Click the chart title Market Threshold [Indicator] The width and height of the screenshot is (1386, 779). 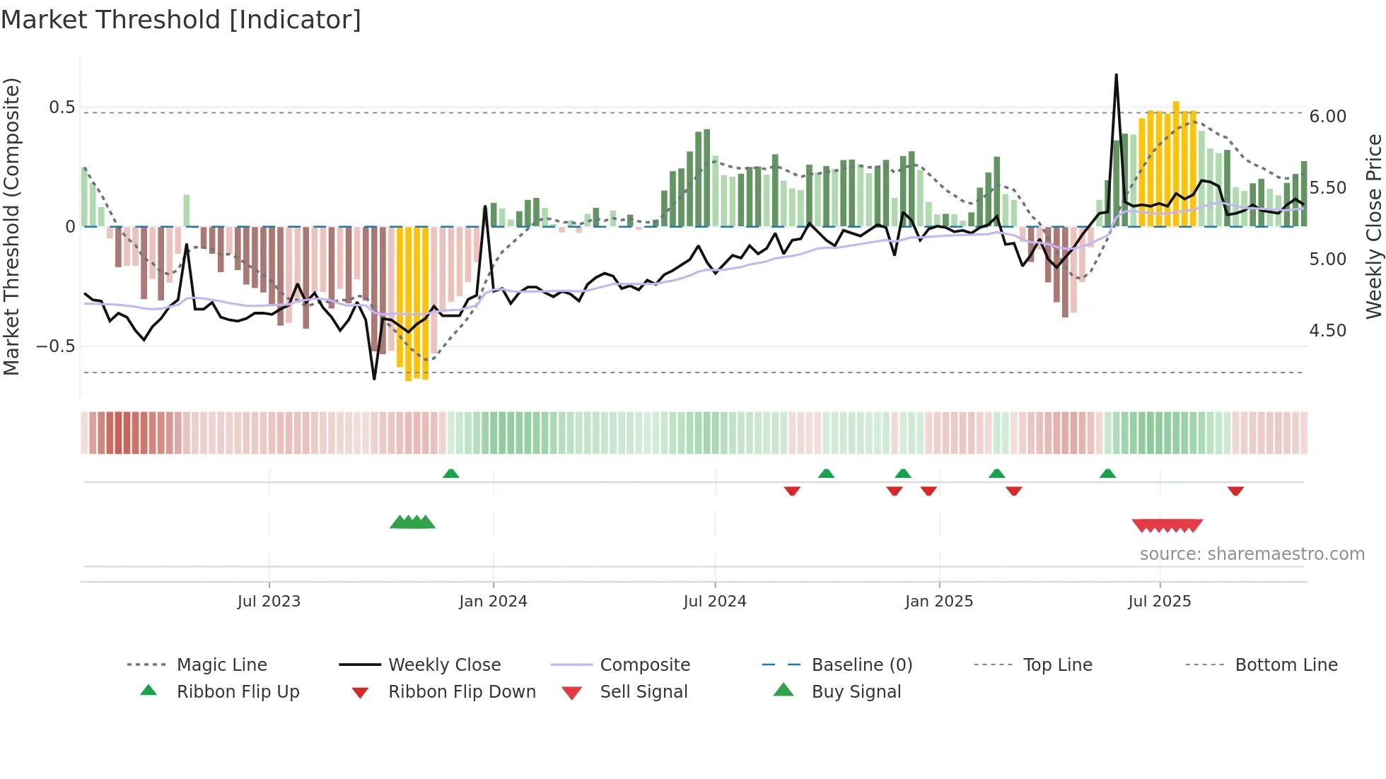[181, 20]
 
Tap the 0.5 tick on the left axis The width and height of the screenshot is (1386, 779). [62, 107]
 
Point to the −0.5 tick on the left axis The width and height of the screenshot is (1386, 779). [56, 346]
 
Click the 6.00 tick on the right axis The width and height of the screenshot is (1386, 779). [1327, 117]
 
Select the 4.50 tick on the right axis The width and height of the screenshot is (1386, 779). [1327, 331]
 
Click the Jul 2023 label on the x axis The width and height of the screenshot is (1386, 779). [269, 602]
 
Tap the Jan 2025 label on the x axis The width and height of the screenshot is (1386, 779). [938, 602]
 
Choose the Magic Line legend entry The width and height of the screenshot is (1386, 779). [221, 665]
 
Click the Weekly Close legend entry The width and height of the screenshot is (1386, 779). [444, 665]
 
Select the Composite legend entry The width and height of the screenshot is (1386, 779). [644, 665]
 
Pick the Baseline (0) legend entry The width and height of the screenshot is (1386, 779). [861, 665]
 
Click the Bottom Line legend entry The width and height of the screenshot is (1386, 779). [1286, 665]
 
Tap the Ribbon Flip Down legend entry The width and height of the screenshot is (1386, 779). [462, 692]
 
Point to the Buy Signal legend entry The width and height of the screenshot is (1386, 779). [856, 692]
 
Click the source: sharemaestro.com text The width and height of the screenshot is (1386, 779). [1252, 554]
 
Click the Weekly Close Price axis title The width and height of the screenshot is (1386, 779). [1373, 226]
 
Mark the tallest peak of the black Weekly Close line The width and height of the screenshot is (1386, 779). [1116, 75]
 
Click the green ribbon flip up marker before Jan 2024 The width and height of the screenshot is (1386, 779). [450, 474]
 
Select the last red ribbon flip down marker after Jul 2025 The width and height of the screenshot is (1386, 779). [1235, 491]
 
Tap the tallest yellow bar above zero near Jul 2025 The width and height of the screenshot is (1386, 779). [1176, 163]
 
